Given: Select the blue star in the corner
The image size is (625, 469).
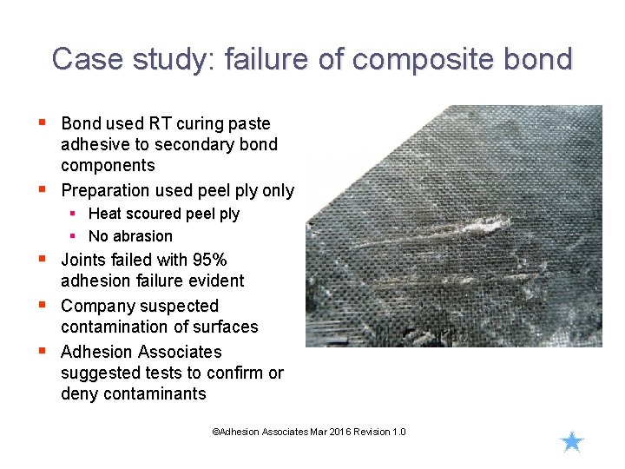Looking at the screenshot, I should [x=572, y=442].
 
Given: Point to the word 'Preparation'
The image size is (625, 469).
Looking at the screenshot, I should [x=107, y=190].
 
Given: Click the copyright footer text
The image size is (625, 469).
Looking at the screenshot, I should [x=309, y=432].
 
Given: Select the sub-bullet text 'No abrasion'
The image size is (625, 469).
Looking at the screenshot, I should [x=130, y=236].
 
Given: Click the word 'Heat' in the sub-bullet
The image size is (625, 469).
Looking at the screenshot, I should [x=105, y=214].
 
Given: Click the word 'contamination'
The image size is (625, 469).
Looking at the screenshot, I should [x=116, y=327].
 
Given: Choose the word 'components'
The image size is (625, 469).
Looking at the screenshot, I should [x=108, y=165].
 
